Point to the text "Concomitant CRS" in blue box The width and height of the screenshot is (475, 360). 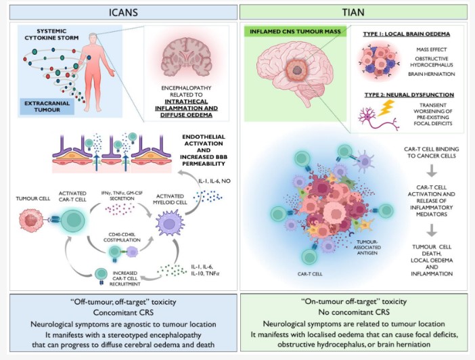coord(119,312)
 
